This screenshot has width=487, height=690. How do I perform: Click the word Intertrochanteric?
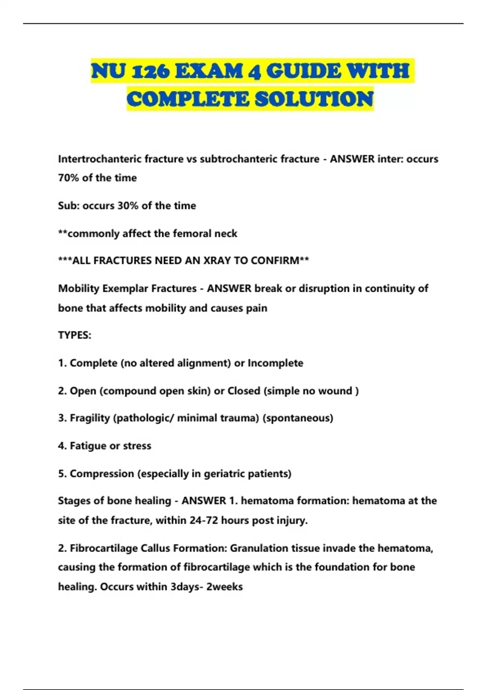[100, 159]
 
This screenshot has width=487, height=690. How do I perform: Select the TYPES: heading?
[75, 335]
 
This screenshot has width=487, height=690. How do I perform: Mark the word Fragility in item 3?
[90, 418]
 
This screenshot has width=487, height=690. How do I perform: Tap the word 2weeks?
[224, 587]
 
